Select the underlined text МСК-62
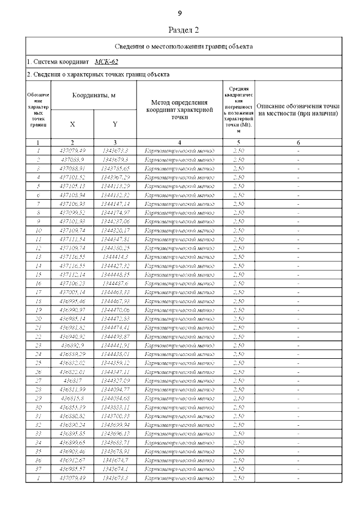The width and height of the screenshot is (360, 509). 106,61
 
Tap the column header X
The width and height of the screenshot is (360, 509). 72,124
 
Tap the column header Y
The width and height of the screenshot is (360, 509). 115,124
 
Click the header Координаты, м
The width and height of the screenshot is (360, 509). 93,96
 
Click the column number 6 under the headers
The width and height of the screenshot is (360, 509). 298,142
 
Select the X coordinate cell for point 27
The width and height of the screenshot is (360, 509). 72,381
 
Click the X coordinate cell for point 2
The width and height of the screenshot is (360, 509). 72,159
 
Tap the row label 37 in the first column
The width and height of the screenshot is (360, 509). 38,469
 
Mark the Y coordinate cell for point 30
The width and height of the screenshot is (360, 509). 115,407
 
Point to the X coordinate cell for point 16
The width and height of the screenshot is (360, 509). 72,283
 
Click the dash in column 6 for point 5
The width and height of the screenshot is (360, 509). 298,186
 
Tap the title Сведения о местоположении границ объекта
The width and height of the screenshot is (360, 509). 183,46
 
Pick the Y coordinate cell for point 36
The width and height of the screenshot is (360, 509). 115,460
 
